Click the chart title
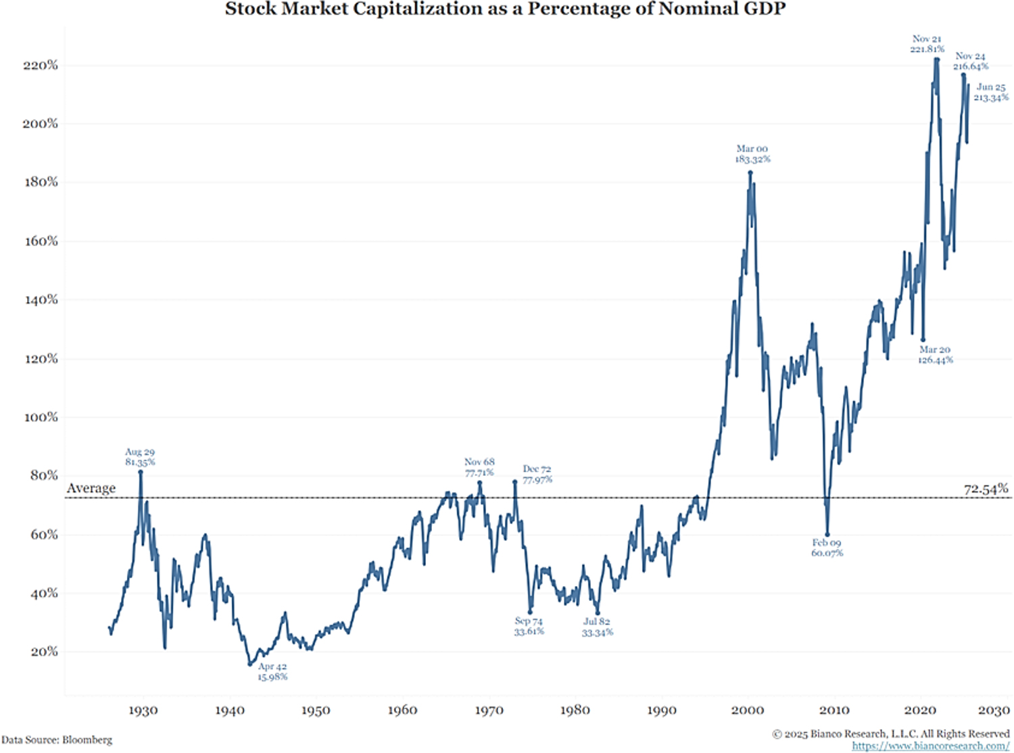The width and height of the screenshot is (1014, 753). [x=505, y=9]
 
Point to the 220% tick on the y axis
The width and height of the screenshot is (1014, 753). [x=41, y=66]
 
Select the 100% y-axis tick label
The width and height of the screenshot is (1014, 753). [x=41, y=417]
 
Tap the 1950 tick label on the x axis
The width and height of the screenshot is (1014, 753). [x=316, y=710]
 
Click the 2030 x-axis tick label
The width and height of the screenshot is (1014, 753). [x=994, y=710]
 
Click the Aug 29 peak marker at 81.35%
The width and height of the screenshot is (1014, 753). [x=141, y=472]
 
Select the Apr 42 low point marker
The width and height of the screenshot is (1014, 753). [x=249, y=664]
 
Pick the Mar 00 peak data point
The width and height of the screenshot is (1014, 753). [x=750, y=172]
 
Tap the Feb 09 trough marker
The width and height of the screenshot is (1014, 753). [x=827, y=535]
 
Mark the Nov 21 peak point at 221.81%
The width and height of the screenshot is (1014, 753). [x=937, y=59]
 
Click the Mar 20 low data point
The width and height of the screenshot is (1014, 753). [x=923, y=340]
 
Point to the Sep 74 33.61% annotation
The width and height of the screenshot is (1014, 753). [x=529, y=626]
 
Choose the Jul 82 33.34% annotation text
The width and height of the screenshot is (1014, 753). [x=597, y=627]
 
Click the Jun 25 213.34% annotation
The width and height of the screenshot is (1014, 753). [x=991, y=93]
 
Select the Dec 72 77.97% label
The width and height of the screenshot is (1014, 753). [x=537, y=474]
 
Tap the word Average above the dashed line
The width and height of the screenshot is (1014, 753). [x=91, y=488]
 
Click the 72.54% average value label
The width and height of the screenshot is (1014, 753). [x=986, y=488]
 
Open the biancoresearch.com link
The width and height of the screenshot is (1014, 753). [x=930, y=746]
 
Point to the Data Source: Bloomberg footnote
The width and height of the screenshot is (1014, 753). [x=57, y=740]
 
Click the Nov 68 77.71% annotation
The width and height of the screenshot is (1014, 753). [x=479, y=467]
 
